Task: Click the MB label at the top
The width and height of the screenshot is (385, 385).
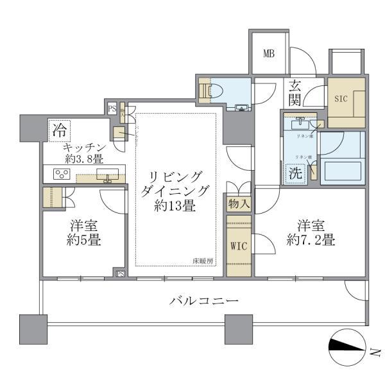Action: (x=269, y=53)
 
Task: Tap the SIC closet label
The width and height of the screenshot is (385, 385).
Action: (x=340, y=99)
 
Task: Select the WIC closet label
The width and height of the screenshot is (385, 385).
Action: (x=238, y=244)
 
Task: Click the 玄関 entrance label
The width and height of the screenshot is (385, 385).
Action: (x=296, y=92)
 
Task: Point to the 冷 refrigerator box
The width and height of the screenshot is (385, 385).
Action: (x=59, y=131)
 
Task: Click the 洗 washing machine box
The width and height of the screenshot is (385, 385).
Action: (x=295, y=172)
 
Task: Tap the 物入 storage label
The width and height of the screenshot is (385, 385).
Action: (x=238, y=205)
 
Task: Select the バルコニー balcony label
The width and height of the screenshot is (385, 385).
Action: (x=204, y=300)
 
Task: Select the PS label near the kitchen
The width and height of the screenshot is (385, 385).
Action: (x=112, y=108)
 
